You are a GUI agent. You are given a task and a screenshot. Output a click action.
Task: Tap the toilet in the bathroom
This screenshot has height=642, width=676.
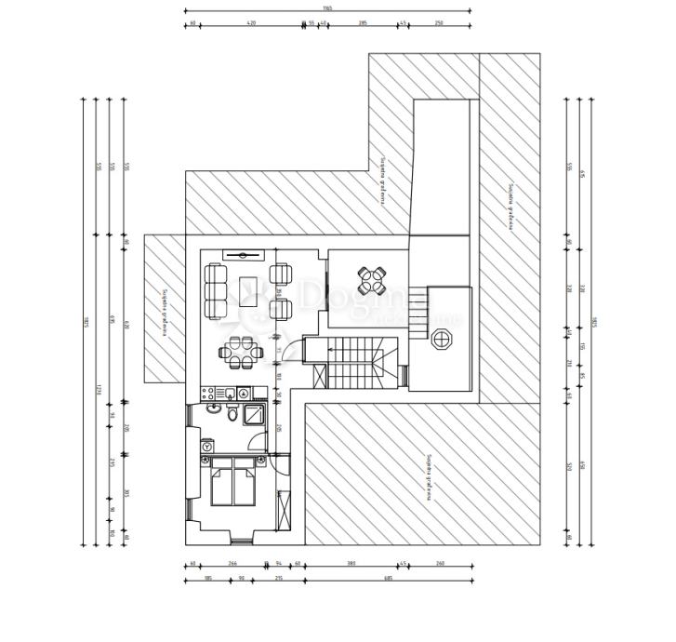[232, 416]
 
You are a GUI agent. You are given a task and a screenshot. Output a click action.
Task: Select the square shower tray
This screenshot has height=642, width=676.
[255, 414]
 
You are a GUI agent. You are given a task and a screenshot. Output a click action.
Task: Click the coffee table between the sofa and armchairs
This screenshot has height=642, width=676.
[250, 288]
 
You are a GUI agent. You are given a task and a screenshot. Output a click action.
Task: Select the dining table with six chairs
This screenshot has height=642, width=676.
[241, 351]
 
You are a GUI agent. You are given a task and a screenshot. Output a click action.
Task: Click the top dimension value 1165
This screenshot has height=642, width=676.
[327, 8]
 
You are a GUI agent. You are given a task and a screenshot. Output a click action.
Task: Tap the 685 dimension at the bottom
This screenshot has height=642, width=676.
[388, 578]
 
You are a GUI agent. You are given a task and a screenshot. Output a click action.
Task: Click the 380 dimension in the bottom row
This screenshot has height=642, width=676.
[351, 563]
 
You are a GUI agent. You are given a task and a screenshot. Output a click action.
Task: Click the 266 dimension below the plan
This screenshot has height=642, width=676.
[232, 563]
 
